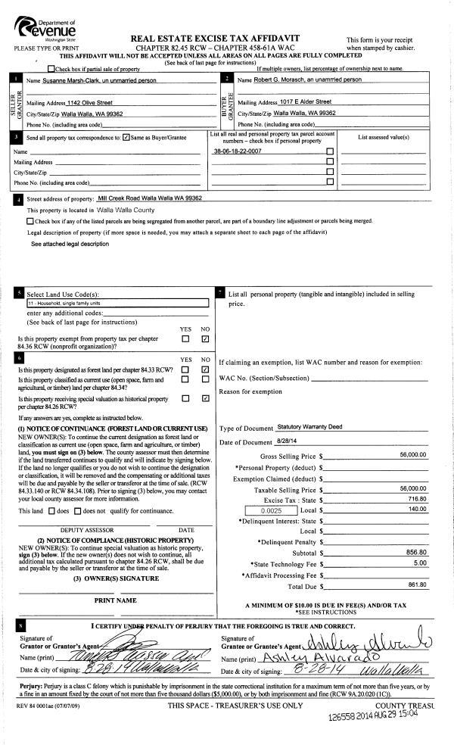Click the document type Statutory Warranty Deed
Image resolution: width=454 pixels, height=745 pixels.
coord(309,427)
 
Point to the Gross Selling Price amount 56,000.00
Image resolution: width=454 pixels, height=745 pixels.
coord(413,455)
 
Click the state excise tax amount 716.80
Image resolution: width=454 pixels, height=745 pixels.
coord(417,500)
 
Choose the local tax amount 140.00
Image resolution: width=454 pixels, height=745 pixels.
coord(417,511)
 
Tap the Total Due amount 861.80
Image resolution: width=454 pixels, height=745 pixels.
coord(417,584)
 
